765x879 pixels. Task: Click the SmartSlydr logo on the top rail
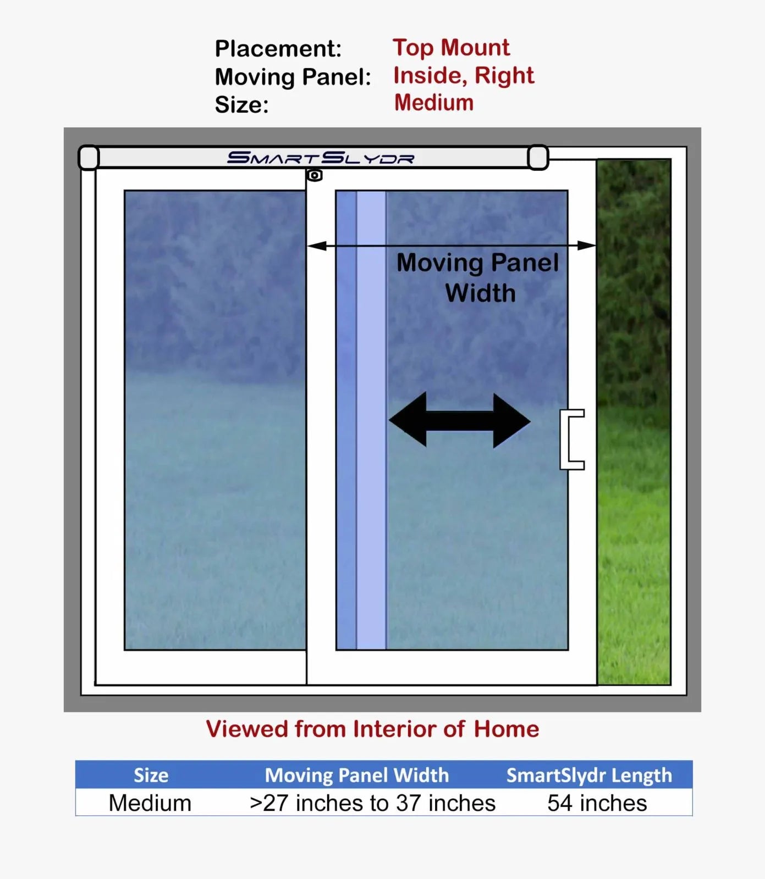click(321, 158)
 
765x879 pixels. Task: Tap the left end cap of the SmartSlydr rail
click(89, 158)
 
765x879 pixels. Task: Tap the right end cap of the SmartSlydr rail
click(538, 158)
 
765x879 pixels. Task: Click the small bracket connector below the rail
click(315, 175)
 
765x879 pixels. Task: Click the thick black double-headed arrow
click(460, 420)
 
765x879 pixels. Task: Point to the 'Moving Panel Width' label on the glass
click(478, 278)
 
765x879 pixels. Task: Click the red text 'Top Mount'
click(451, 48)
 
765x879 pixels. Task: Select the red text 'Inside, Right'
click(464, 76)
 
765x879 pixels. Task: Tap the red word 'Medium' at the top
click(434, 103)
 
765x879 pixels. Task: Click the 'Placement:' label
click(278, 49)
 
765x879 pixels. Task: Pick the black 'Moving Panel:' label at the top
click(293, 77)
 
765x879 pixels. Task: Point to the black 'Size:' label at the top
click(242, 105)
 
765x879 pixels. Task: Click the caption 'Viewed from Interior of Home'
click(373, 729)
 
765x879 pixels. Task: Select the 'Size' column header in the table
click(151, 775)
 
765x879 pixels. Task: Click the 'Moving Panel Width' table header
click(357, 775)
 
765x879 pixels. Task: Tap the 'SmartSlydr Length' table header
click(590, 775)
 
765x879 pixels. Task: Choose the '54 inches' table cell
click(597, 803)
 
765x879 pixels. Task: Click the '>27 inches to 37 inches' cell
click(372, 803)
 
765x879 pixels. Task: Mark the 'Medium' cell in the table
click(150, 803)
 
